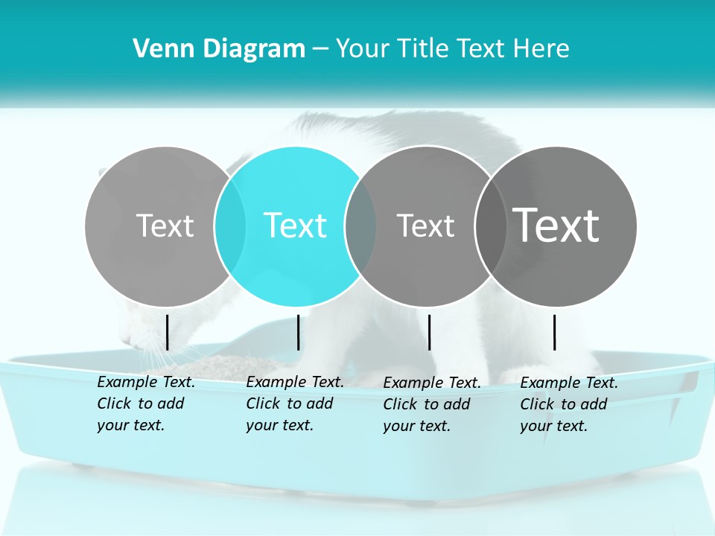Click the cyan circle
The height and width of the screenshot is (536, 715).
(x=296, y=186)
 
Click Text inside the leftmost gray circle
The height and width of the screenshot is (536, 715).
(x=165, y=226)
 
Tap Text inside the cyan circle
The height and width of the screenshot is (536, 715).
(x=296, y=226)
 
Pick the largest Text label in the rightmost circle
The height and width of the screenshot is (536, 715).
(x=556, y=226)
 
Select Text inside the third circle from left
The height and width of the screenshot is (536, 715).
(x=425, y=226)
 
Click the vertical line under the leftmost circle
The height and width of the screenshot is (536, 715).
(x=167, y=332)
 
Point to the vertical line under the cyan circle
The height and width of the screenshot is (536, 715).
(x=298, y=332)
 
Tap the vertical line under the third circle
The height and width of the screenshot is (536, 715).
(x=429, y=332)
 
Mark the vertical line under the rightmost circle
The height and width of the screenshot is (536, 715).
(x=554, y=332)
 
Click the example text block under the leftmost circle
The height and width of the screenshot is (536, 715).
(x=146, y=403)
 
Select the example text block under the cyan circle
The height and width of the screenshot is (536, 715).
(x=295, y=403)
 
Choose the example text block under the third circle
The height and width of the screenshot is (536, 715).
(x=432, y=404)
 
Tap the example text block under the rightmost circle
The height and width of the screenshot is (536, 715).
(x=569, y=404)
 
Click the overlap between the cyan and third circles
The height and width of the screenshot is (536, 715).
(x=360, y=226)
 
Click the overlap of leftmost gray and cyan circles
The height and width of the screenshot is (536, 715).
(x=230, y=226)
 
